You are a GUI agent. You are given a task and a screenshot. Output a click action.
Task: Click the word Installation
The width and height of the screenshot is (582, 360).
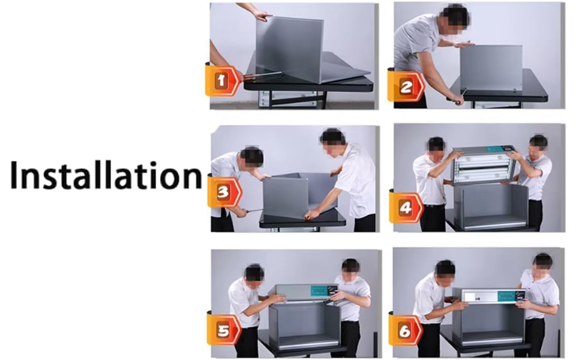click(106, 176)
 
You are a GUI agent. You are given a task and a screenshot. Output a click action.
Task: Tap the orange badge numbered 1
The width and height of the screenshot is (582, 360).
click(222, 80)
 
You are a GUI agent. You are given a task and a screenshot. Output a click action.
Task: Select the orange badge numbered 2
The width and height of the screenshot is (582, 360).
click(406, 87)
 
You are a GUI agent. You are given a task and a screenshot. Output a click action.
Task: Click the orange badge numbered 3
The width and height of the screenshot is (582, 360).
click(224, 192)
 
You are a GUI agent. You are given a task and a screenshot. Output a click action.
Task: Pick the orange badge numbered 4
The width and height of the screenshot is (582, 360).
click(406, 208)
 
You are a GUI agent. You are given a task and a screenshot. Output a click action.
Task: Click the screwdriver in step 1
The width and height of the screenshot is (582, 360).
click(262, 76)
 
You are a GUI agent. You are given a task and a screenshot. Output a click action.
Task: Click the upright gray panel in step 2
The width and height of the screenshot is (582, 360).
click(491, 68)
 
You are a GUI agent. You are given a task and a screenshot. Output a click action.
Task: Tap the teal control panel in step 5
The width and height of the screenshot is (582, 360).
click(320, 290)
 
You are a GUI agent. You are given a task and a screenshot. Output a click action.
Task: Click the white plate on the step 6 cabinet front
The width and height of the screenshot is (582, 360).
click(472, 296)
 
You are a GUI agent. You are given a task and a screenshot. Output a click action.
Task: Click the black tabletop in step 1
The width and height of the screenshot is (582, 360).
click(308, 84)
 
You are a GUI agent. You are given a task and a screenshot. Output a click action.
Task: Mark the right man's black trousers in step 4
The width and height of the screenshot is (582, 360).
click(535, 215)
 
